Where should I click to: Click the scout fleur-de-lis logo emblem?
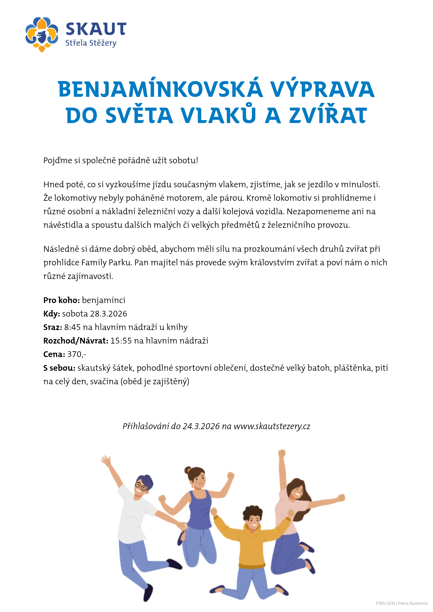pos(42,34)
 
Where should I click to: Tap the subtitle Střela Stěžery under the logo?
pos(91,43)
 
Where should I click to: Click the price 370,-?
pos(77,354)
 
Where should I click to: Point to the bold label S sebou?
pos(59,368)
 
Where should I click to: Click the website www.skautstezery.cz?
pos(272,426)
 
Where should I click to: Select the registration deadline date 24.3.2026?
pos(201,426)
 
